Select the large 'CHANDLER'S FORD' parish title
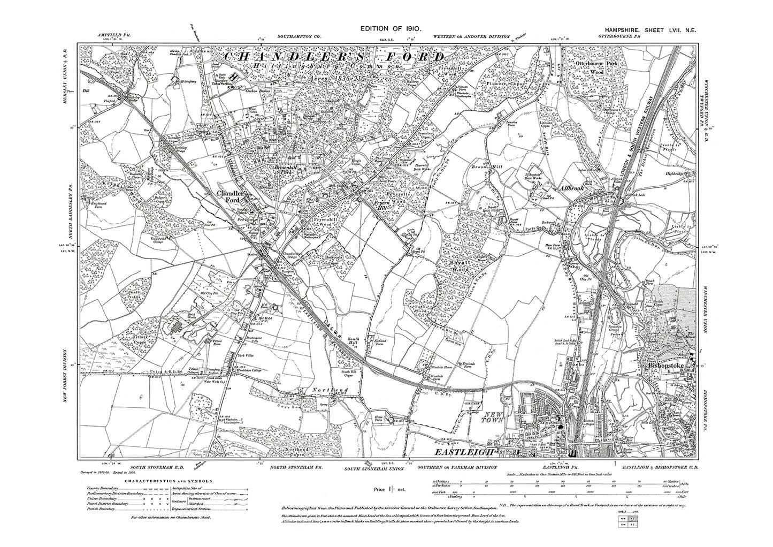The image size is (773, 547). [x=333, y=57]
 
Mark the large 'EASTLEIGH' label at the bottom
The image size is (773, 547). [x=465, y=453]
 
